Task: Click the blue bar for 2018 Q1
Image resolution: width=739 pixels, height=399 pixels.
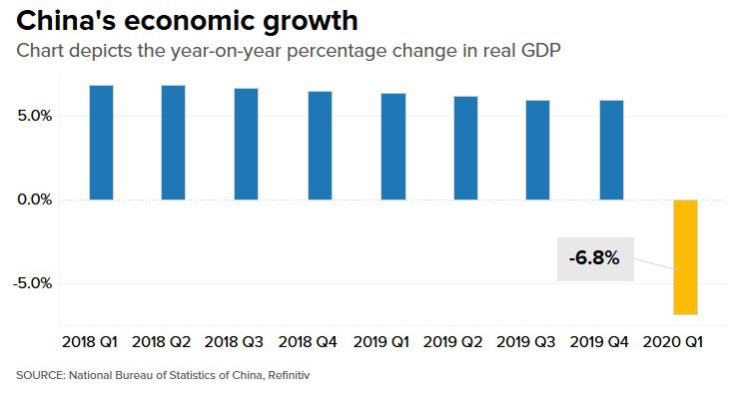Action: [101, 143]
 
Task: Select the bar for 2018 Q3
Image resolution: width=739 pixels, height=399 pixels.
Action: [247, 145]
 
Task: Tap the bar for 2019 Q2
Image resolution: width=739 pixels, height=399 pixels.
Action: [465, 149]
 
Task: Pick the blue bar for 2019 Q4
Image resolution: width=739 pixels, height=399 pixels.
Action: [611, 151]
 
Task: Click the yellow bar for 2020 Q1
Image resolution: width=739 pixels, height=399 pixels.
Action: [685, 256]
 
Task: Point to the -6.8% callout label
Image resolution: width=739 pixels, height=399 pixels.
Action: [594, 259]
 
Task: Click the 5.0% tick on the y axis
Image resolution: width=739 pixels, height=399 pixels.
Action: [33, 116]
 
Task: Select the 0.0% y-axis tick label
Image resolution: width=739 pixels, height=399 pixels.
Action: [33, 199]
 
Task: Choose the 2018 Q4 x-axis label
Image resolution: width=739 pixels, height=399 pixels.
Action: [309, 342]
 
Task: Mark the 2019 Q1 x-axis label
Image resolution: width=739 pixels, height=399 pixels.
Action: [381, 342]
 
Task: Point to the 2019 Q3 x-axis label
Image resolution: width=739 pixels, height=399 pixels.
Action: [527, 342]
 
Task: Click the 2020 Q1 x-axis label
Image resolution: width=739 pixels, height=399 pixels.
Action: [675, 342]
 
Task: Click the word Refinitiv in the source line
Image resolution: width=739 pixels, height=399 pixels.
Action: [296, 376]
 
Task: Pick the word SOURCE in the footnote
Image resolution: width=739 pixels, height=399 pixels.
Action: [37, 376]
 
